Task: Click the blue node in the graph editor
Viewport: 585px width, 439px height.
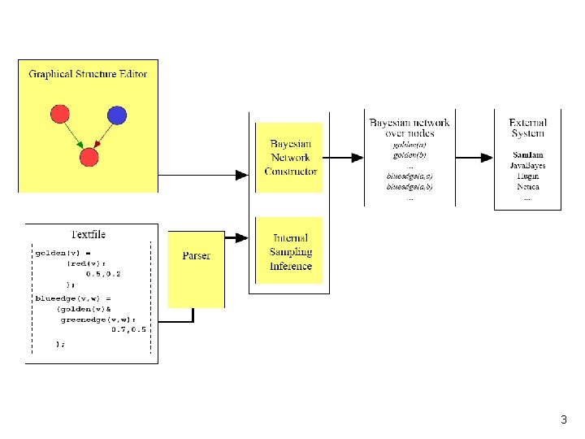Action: click(116, 115)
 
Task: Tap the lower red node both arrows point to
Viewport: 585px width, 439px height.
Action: click(89, 156)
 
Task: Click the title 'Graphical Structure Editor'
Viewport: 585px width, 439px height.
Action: click(88, 74)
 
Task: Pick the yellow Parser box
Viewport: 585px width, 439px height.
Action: click(196, 256)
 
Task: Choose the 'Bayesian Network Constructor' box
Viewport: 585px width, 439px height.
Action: click(290, 158)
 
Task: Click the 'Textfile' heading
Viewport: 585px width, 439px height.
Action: click(88, 234)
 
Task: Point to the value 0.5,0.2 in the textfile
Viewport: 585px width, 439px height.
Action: click(103, 274)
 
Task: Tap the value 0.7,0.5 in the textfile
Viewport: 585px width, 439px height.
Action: click(128, 330)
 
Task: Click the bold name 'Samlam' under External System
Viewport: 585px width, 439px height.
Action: click(528, 154)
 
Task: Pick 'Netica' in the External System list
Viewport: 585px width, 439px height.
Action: click(527, 187)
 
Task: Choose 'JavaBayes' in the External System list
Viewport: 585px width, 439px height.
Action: click(527, 166)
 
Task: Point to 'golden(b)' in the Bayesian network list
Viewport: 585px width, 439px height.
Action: click(409, 154)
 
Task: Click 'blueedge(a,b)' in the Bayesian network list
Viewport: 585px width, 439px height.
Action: click(409, 186)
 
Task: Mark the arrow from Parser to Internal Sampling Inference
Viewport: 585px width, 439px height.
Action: click(237, 238)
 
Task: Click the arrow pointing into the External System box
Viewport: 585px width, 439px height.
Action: click(485, 157)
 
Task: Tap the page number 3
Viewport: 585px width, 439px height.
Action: click(563, 420)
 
